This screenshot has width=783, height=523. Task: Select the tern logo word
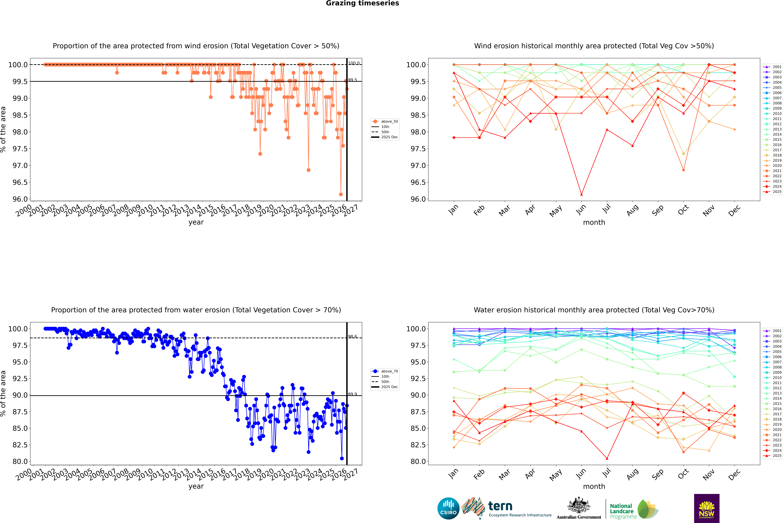(x=500, y=506)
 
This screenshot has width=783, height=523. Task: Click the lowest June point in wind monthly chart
(x=581, y=194)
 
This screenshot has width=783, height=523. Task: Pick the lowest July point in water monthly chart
(x=607, y=458)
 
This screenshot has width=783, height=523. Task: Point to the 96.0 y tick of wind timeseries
(x=20, y=199)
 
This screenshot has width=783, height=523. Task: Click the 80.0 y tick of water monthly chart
(x=418, y=462)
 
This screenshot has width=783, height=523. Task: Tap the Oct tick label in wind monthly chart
(x=683, y=210)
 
